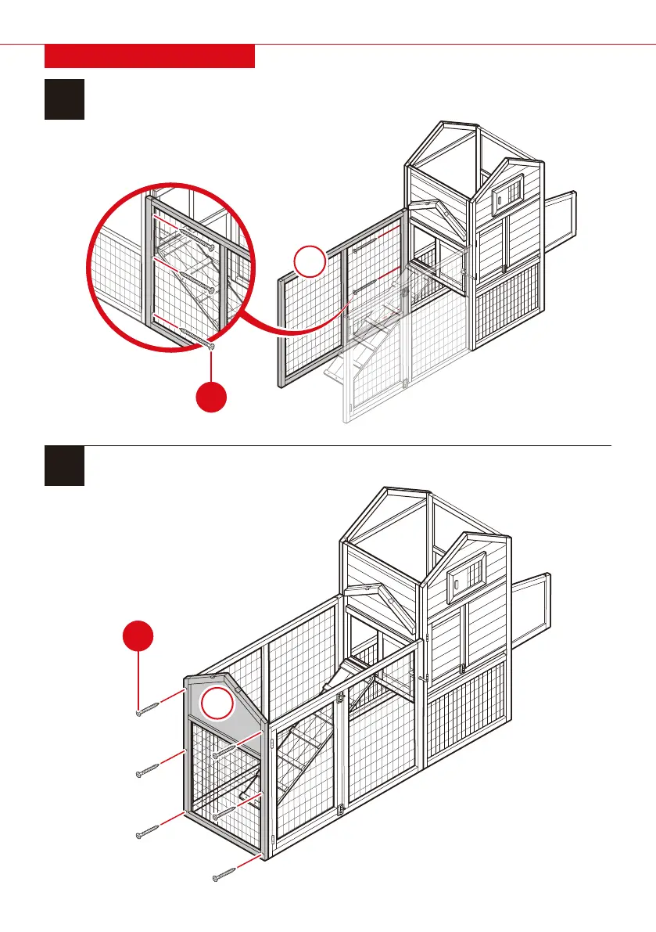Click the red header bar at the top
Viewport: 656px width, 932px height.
(150, 56)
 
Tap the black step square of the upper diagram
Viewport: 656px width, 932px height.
(64, 99)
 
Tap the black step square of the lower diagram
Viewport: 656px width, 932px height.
(64, 466)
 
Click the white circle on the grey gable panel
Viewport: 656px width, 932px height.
(217, 703)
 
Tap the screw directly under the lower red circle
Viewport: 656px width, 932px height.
(149, 709)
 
